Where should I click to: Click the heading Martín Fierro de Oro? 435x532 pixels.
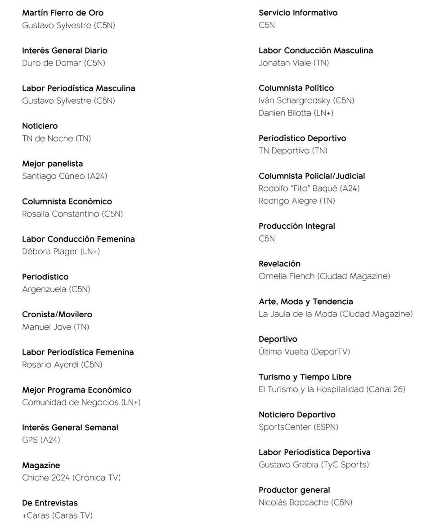pyautogui.click(x=63, y=13)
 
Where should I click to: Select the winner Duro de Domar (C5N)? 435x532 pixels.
pyautogui.click(x=63, y=63)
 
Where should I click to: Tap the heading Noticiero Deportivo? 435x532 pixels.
pyautogui.click(x=297, y=414)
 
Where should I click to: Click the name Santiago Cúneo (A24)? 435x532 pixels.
pyautogui.click(x=64, y=176)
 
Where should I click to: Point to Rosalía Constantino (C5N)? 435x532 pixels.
pyautogui.click(x=72, y=214)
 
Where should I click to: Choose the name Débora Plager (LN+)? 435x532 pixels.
pyautogui.click(x=61, y=252)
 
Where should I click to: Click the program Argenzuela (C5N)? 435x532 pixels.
pyautogui.click(x=56, y=289)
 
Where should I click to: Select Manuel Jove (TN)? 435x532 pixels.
pyautogui.click(x=55, y=327)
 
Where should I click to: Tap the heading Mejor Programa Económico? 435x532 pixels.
pyautogui.click(x=76, y=390)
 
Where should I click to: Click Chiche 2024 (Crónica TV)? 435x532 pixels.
pyautogui.click(x=71, y=478)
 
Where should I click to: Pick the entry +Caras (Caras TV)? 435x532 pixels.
pyautogui.click(x=57, y=515)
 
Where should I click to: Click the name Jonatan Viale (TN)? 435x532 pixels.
pyautogui.click(x=293, y=63)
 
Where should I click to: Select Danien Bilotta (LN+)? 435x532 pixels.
pyautogui.click(x=296, y=113)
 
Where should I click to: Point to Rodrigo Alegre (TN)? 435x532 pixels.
pyautogui.click(x=296, y=201)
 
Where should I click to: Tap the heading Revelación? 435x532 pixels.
pyautogui.click(x=279, y=263)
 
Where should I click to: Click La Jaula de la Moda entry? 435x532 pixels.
pyautogui.click(x=335, y=314)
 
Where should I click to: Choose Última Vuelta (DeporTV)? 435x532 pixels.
pyautogui.click(x=304, y=352)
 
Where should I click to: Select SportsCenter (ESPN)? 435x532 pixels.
pyautogui.click(x=298, y=427)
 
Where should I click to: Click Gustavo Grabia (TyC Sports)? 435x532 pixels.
pyautogui.click(x=314, y=465)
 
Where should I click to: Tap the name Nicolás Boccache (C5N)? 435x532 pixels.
pyautogui.click(x=305, y=502)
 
